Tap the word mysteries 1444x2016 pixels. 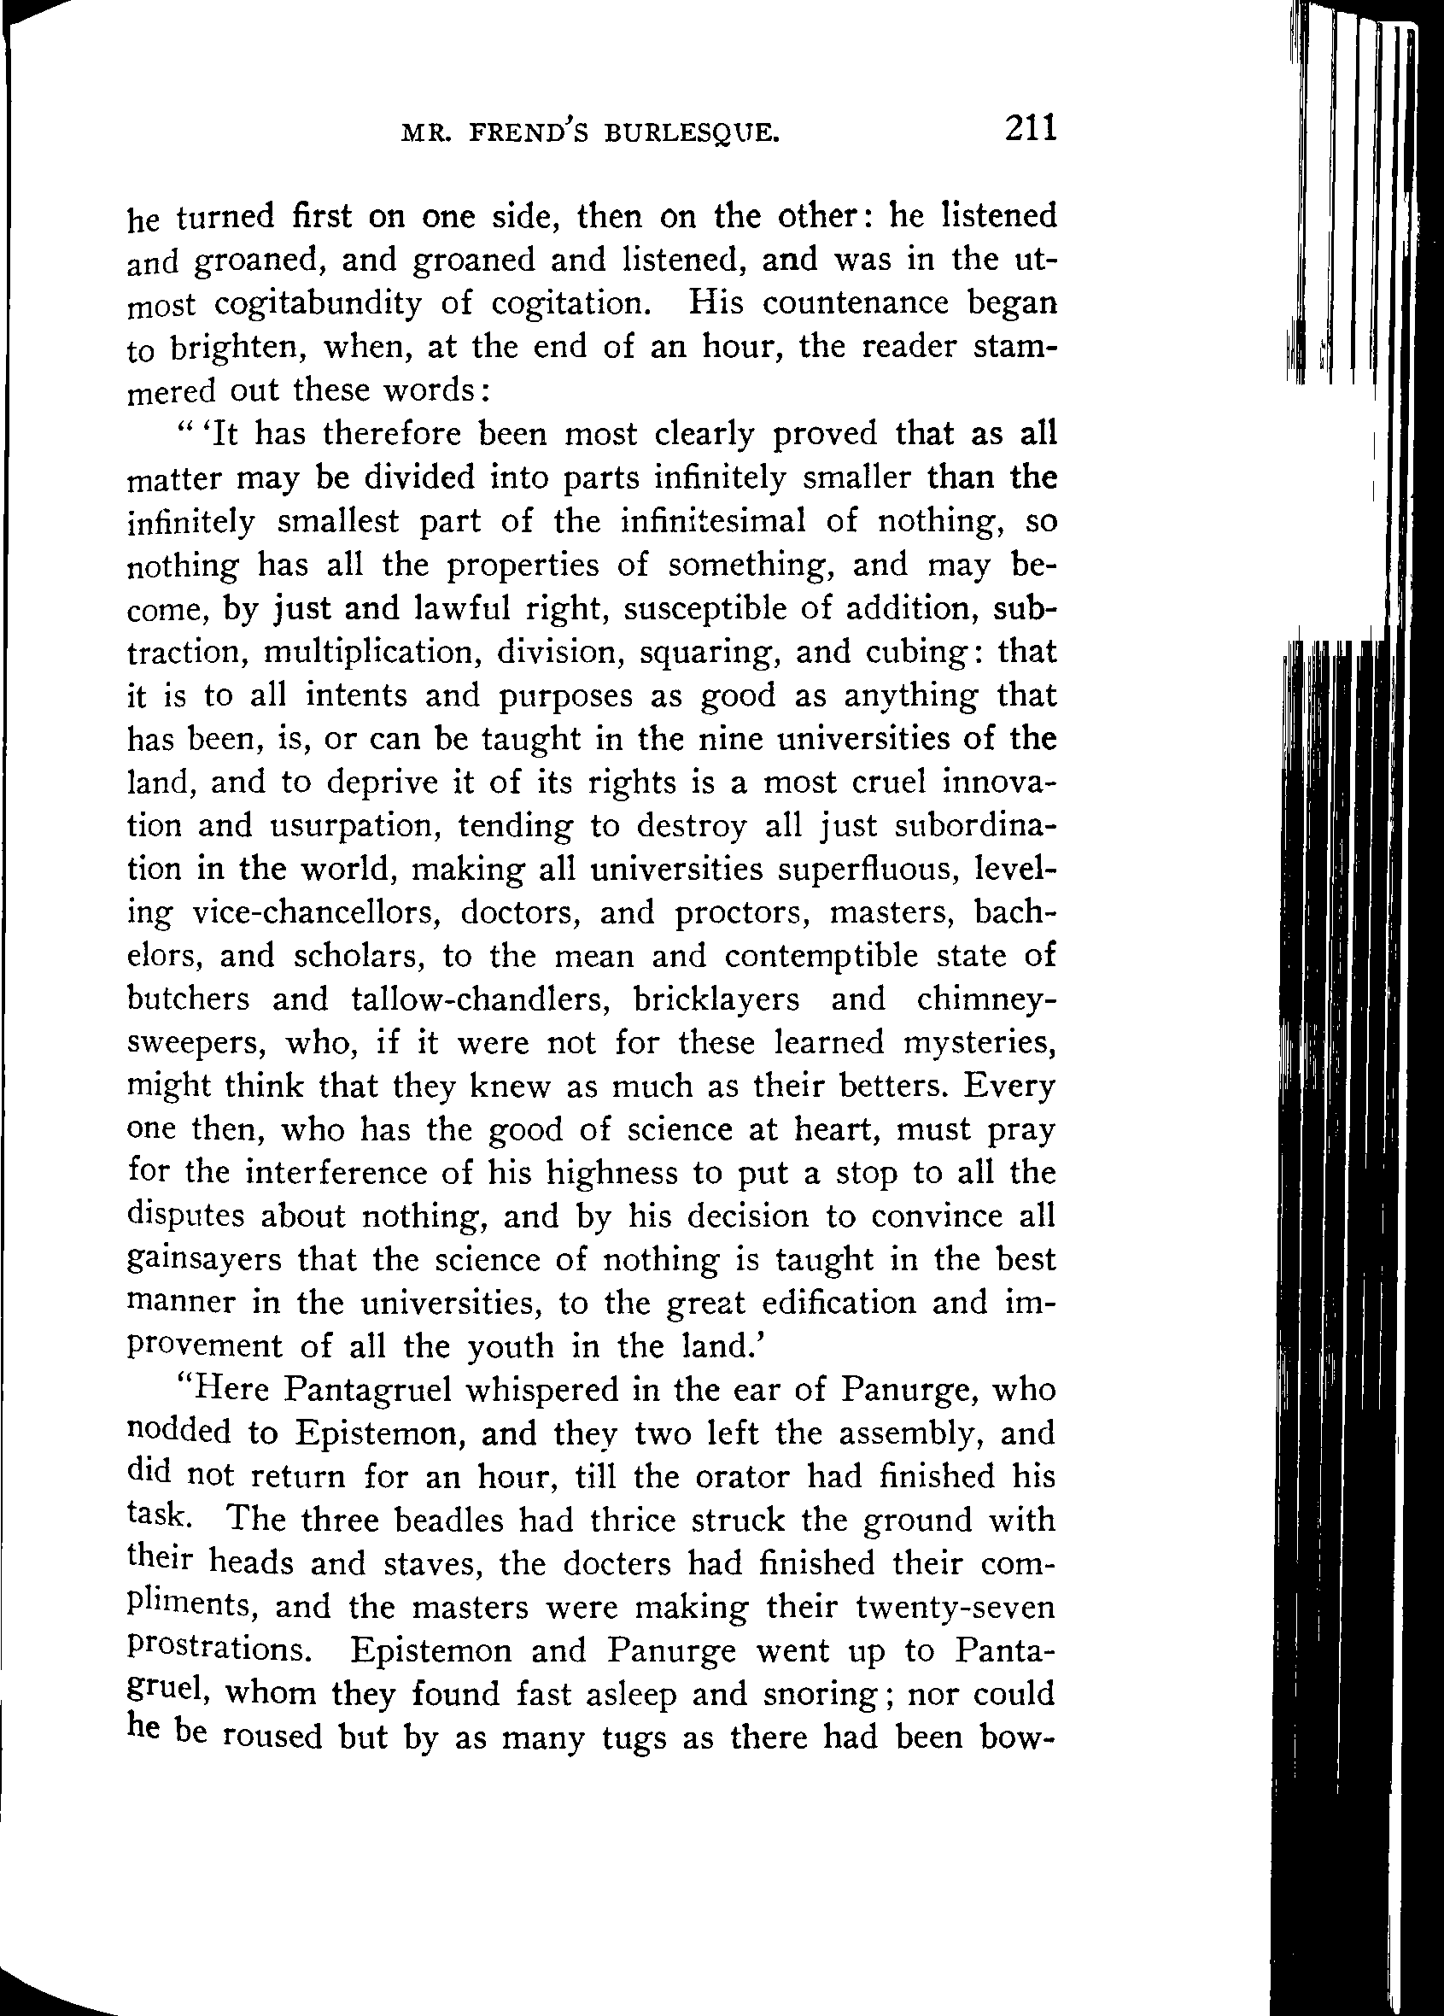click(x=979, y=1043)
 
